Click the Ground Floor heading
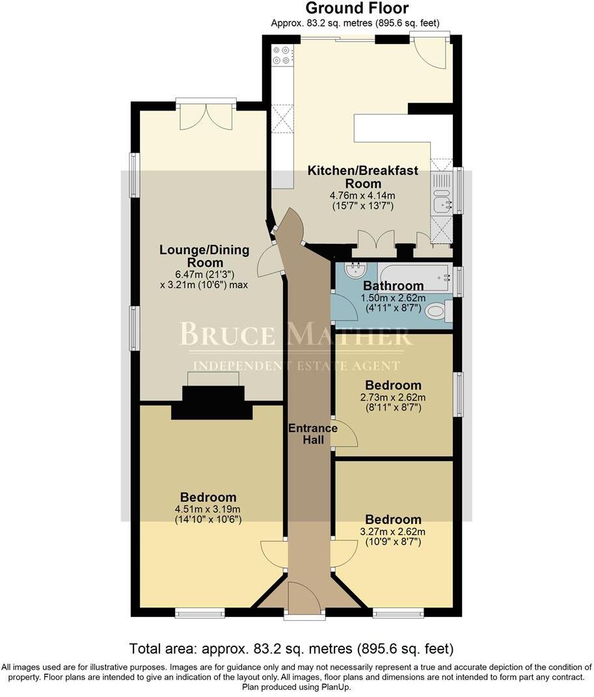(357, 8)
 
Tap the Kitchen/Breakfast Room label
(363, 177)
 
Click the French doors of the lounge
(205, 114)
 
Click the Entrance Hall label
(313, 434)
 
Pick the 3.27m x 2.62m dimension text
(393, 531)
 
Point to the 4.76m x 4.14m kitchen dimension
(363, 195)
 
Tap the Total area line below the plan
(291, 648)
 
